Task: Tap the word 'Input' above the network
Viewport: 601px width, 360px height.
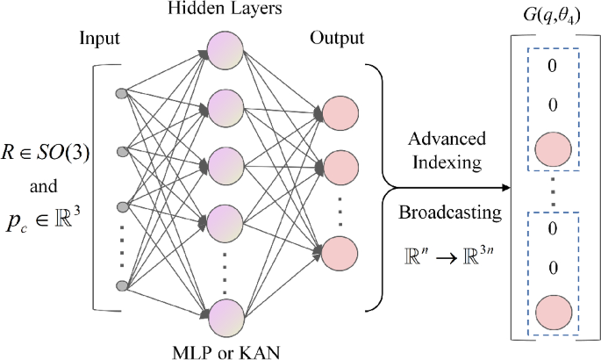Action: [100, 40]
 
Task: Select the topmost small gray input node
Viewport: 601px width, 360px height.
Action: [123, 91]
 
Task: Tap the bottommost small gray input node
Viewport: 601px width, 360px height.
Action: [123, 285]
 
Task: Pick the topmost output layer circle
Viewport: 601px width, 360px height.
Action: [340, 112]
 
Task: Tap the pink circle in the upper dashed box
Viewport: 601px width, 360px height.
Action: [553, 147]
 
